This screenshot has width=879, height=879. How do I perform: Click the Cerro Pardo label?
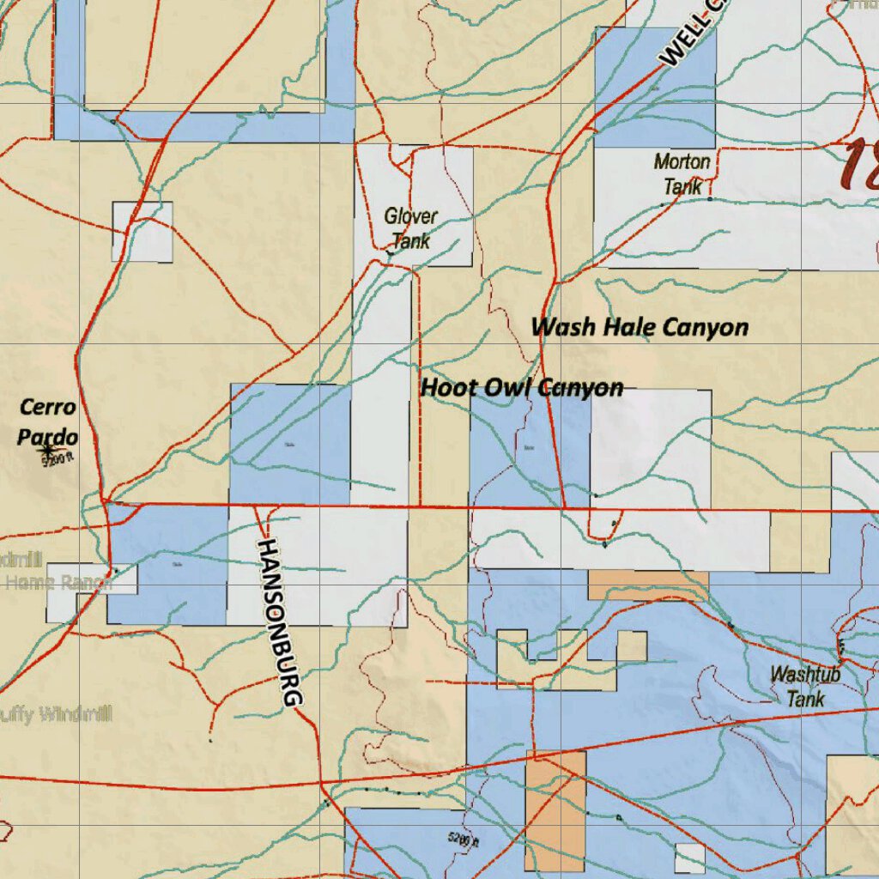48,421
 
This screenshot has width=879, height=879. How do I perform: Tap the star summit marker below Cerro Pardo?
46,448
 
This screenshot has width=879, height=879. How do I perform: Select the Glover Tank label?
410,228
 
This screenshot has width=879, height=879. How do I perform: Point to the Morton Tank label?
682,173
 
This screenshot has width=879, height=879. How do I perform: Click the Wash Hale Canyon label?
639,327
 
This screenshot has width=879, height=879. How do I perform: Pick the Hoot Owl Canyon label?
522,388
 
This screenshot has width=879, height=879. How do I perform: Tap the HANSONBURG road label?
281,623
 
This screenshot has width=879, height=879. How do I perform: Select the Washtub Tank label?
805,686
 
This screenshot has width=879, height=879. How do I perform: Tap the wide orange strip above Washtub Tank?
648,585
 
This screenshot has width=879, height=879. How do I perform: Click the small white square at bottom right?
690,858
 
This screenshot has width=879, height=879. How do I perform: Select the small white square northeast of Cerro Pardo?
142,232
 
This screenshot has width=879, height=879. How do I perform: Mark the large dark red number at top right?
860,165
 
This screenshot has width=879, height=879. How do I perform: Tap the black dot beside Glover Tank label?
391,253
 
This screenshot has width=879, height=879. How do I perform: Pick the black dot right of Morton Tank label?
710,199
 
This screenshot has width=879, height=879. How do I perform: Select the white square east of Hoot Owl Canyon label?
651,448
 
